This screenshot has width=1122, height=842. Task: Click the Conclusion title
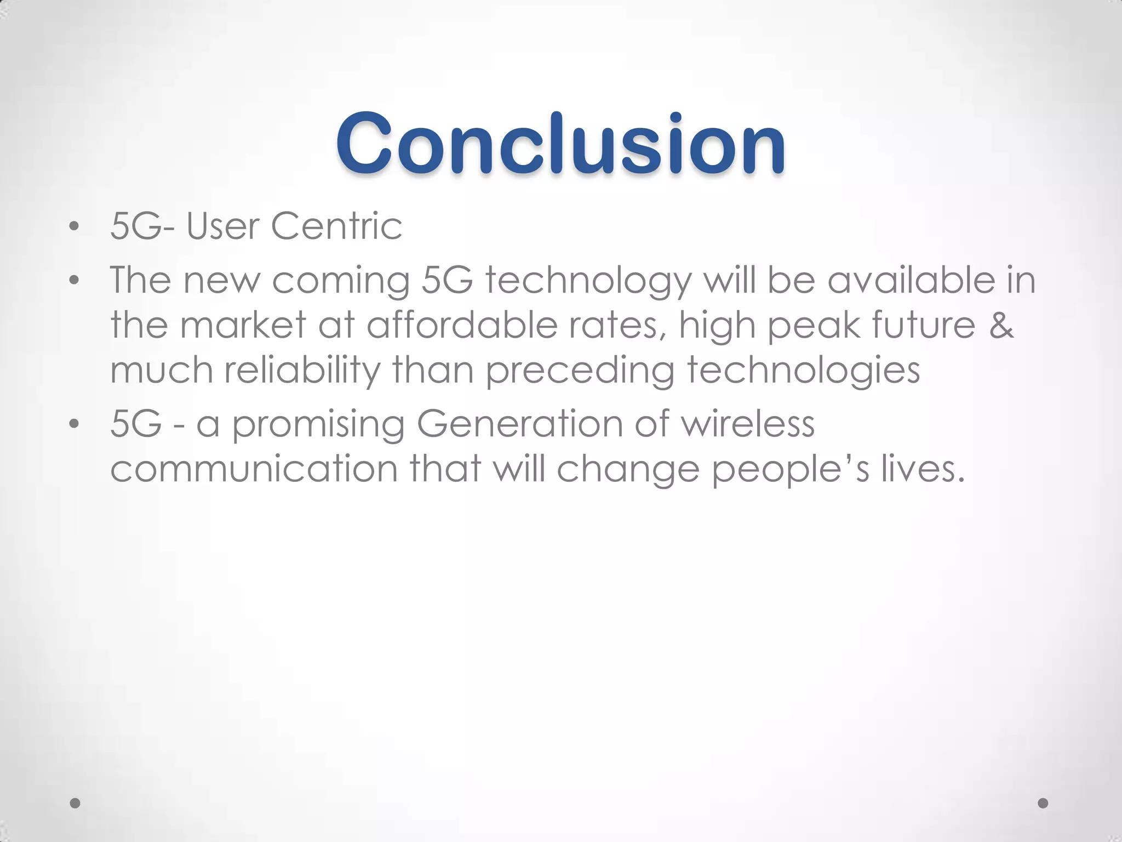coord(560,144)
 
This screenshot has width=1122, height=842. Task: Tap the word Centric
coord(336,226)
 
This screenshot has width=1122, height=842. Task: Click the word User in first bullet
coord(222,226)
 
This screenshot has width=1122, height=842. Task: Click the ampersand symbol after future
coord(1001,325)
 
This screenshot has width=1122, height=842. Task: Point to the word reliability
coord(302,370)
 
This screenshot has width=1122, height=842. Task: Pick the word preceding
coord(580,371)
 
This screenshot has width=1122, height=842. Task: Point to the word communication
coord(254,469)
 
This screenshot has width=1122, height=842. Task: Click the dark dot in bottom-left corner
coord(76,803)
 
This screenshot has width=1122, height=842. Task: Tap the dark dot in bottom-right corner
coord(1043,803)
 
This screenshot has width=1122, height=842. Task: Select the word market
coord(243,325)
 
